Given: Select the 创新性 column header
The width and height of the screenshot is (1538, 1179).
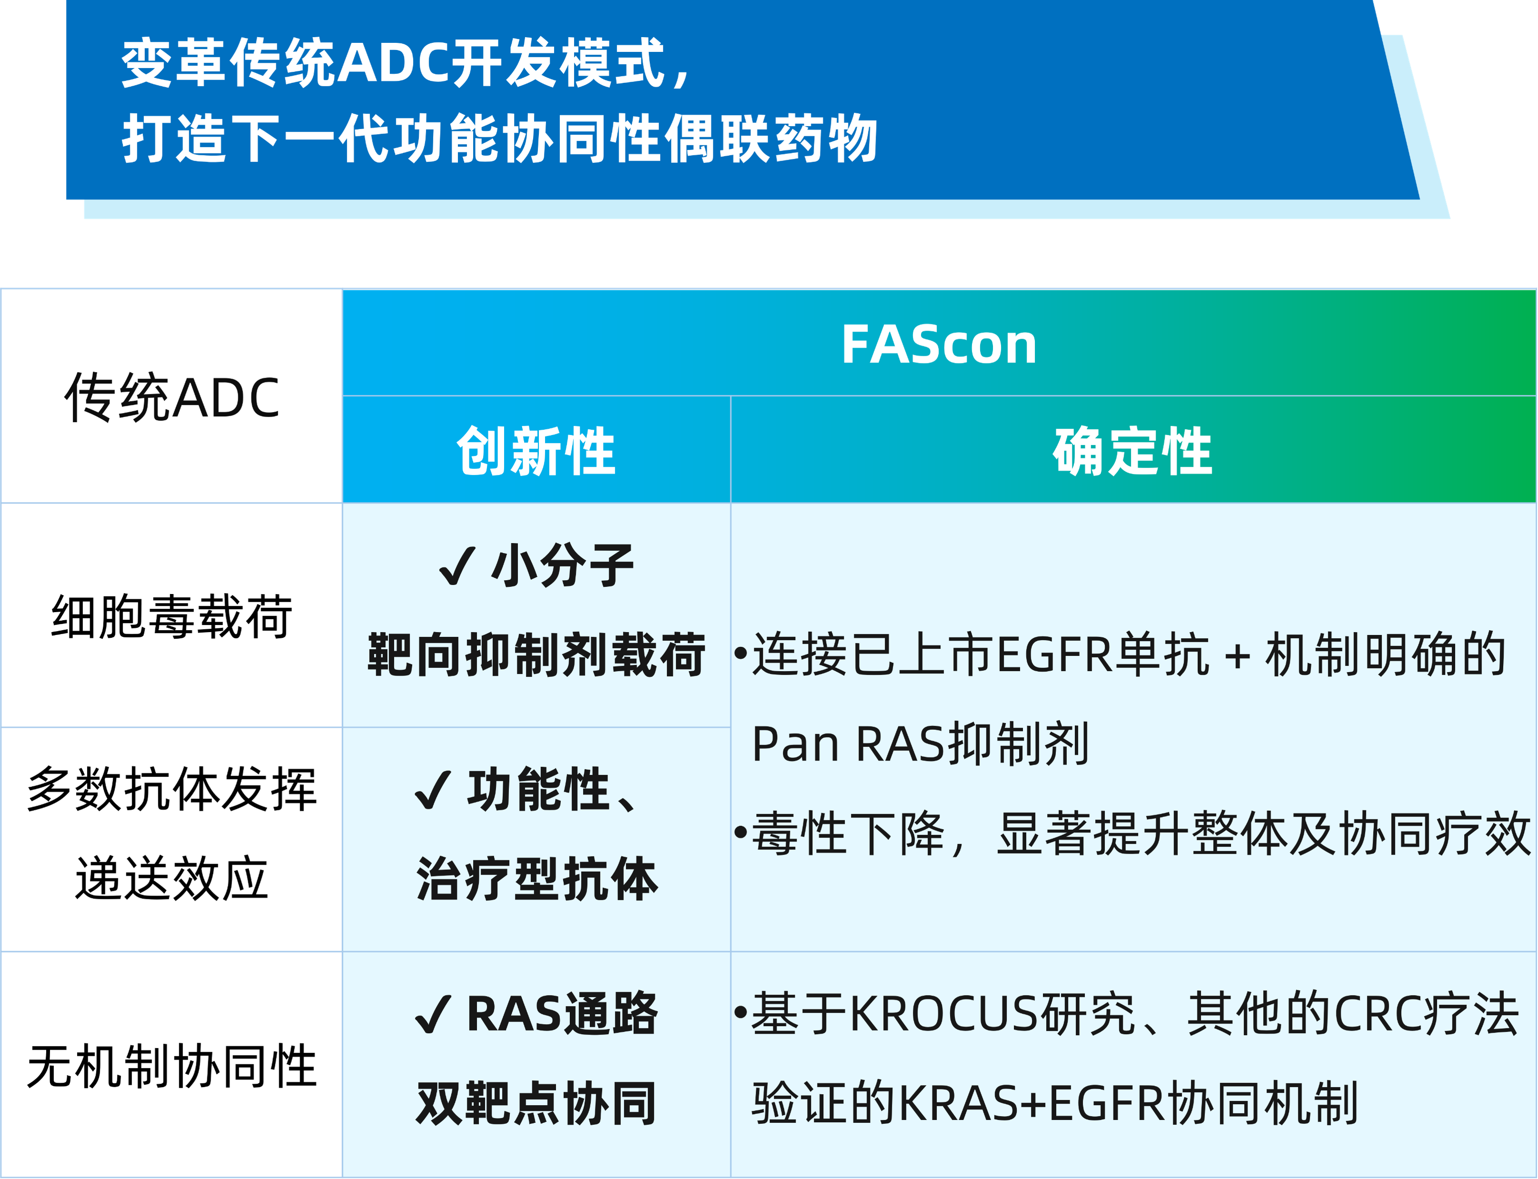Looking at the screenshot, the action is tap(536, 451).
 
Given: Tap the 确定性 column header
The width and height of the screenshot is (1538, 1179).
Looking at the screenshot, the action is tap(1132, 451).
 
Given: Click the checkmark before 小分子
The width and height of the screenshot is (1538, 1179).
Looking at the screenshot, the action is tap(457, 565).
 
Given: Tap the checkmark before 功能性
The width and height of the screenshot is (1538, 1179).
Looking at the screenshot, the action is tap(433, 790).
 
